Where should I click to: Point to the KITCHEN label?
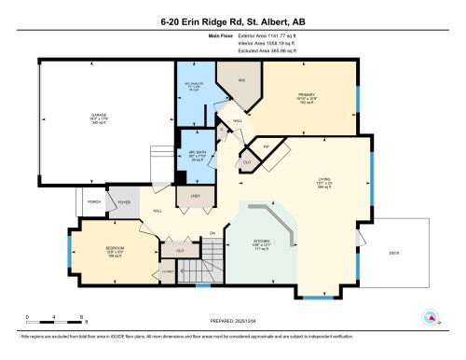(x=262, y=239)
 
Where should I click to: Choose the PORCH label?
(x=94, y=200)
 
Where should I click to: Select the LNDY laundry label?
(x=196, y=195)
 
